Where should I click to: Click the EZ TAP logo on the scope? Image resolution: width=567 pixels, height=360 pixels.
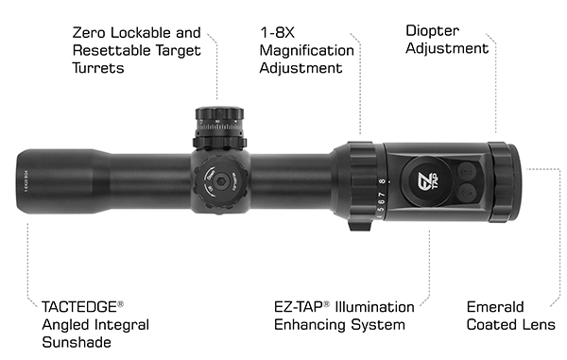[x=428, y=180]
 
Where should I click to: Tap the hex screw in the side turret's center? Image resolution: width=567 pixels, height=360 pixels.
[x=219, y=180]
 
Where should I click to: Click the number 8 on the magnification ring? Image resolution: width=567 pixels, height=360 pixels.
[x=382, y=181]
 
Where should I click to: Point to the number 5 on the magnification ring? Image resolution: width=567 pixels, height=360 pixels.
[x=381, y=210]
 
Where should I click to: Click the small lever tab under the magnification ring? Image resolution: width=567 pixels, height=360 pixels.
[x=360, y=226]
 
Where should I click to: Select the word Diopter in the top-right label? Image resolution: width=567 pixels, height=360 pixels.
[x=433, y=31]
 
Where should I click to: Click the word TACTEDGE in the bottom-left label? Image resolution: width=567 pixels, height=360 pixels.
[x=79, y=307]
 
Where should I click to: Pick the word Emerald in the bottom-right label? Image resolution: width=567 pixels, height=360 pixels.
[x=495, y=307]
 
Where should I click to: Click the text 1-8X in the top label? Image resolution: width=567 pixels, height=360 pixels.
[x=277, y=32]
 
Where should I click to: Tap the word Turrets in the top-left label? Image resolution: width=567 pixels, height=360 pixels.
[x=98, y=68]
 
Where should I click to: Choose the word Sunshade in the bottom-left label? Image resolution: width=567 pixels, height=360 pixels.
[x=77, y=342]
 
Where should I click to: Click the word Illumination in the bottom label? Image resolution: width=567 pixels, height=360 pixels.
[x=374, y=307]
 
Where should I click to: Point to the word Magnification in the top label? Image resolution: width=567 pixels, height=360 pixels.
[x=306, y=51]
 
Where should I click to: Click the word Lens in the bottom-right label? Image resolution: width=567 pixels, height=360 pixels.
[x=540, y=325]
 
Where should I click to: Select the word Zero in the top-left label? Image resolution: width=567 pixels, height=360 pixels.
[x=89, y=33]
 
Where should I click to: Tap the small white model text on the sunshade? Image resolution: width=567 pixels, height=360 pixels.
[x=26, y=180]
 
